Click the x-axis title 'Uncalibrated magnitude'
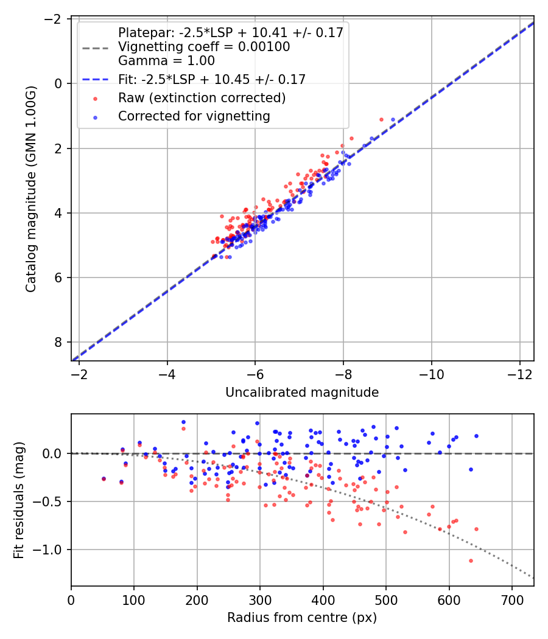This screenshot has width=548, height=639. pos(302,393)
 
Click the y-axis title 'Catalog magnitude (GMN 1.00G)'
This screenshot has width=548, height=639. pos(30,189)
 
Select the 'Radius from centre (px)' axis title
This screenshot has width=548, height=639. pos(302,618)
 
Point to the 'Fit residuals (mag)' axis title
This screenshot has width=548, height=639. pos(19,500)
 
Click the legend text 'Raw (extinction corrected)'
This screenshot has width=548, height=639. pos(202,97)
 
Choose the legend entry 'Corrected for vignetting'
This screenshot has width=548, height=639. pos(194,116)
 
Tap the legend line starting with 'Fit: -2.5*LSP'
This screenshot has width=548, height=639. pos(211,79)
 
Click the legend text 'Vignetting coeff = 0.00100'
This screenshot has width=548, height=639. pos(204,47)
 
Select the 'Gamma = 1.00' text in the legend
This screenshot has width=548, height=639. pos(166,61)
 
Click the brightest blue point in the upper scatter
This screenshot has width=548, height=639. pos(393,119)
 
